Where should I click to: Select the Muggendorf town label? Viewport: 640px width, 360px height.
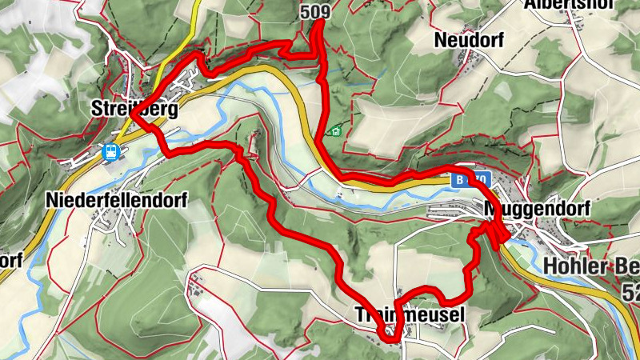(x=538, y=209)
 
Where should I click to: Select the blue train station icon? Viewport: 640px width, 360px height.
(x=112, y=151)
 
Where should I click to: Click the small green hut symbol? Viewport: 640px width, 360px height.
(x=337, y=130)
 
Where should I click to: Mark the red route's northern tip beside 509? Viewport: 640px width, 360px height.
(x=319, y=22)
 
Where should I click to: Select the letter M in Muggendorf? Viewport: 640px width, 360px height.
(x=490, y=209)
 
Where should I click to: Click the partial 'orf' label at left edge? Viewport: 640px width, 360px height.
(x=10, y=260)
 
